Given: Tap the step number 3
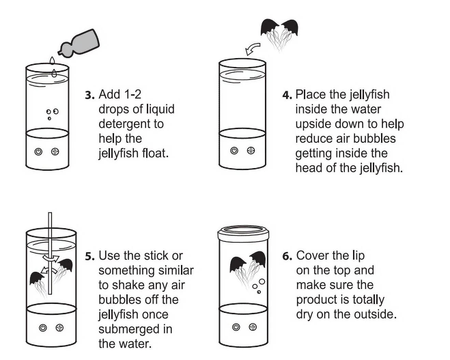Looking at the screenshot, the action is (90, 95).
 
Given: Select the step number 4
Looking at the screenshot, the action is (287, 95).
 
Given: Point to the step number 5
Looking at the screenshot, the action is (90, 257).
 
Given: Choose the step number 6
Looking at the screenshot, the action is (287, 257).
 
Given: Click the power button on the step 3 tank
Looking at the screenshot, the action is (38, 152).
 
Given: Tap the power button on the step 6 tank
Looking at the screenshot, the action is (236, 327).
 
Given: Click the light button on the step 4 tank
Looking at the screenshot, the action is (251, 150).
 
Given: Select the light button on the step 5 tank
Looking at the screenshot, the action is (59, 328).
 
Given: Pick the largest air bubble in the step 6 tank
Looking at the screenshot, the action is (262, 281).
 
